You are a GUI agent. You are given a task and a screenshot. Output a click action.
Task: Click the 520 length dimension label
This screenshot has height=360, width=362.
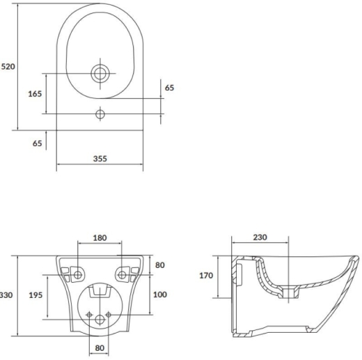pyautogui.click(x=8, y=67)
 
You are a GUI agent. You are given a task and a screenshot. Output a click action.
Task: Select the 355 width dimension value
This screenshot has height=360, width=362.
pyautogui.click(x=100, y=159)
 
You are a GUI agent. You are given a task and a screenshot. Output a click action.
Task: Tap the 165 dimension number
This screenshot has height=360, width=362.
pyautogui.click(x=35, y=94)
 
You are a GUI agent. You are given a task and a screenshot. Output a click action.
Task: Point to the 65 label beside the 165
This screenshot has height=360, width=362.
pyautogui.click(x=169, y=88)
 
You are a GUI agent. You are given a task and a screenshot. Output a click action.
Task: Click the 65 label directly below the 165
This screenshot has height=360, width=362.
pyautogui.click(x=37, y=143)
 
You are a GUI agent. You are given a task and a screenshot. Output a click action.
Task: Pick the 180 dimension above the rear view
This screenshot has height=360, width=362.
pyautogui.click(x=100, y=238)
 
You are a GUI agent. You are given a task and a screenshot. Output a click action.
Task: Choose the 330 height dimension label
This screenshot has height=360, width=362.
pyautogui.click(x=6, y=295)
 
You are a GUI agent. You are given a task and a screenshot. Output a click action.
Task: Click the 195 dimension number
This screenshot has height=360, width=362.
pyautogui.click(x=36, y=295)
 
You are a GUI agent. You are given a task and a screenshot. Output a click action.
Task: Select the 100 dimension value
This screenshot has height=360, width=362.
pyautogui.click(x=160, y=295)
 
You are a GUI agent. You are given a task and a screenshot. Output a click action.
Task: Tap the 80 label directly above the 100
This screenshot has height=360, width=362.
pyautogui.click(x=160, y=265)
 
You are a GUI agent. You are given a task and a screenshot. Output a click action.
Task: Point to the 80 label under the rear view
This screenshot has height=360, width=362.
pyautogui.click(x=100, y=348)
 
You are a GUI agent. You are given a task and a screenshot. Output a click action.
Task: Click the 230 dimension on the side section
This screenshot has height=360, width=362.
pyautogui.click(x=260, y=237)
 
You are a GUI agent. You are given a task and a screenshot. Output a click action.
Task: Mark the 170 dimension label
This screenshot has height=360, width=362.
pyautogui.click(x=206, y=276)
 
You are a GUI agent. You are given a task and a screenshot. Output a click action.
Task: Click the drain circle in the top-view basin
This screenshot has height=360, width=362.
pyautogui.click(x=100, y=73)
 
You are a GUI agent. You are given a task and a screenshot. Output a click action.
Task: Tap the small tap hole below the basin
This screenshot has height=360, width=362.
pyautogui.click(x=100, y=114)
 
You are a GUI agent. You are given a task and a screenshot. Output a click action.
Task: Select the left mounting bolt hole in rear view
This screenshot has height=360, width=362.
pyautogui.click(x=78, y=275)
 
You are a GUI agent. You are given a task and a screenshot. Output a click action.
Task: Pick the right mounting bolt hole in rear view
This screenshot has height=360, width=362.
pyautogui.click(x=122, y=275)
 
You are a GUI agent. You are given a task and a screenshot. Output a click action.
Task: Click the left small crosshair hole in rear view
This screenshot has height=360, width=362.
pyautogui.click(x=89, y=315)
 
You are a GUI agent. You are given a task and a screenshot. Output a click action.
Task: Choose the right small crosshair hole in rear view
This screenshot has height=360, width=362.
pyautogui.click(x=109, y=315)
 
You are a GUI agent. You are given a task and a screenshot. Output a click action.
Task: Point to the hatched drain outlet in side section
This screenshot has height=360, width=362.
pyautogui.click(x=288, y=292)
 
